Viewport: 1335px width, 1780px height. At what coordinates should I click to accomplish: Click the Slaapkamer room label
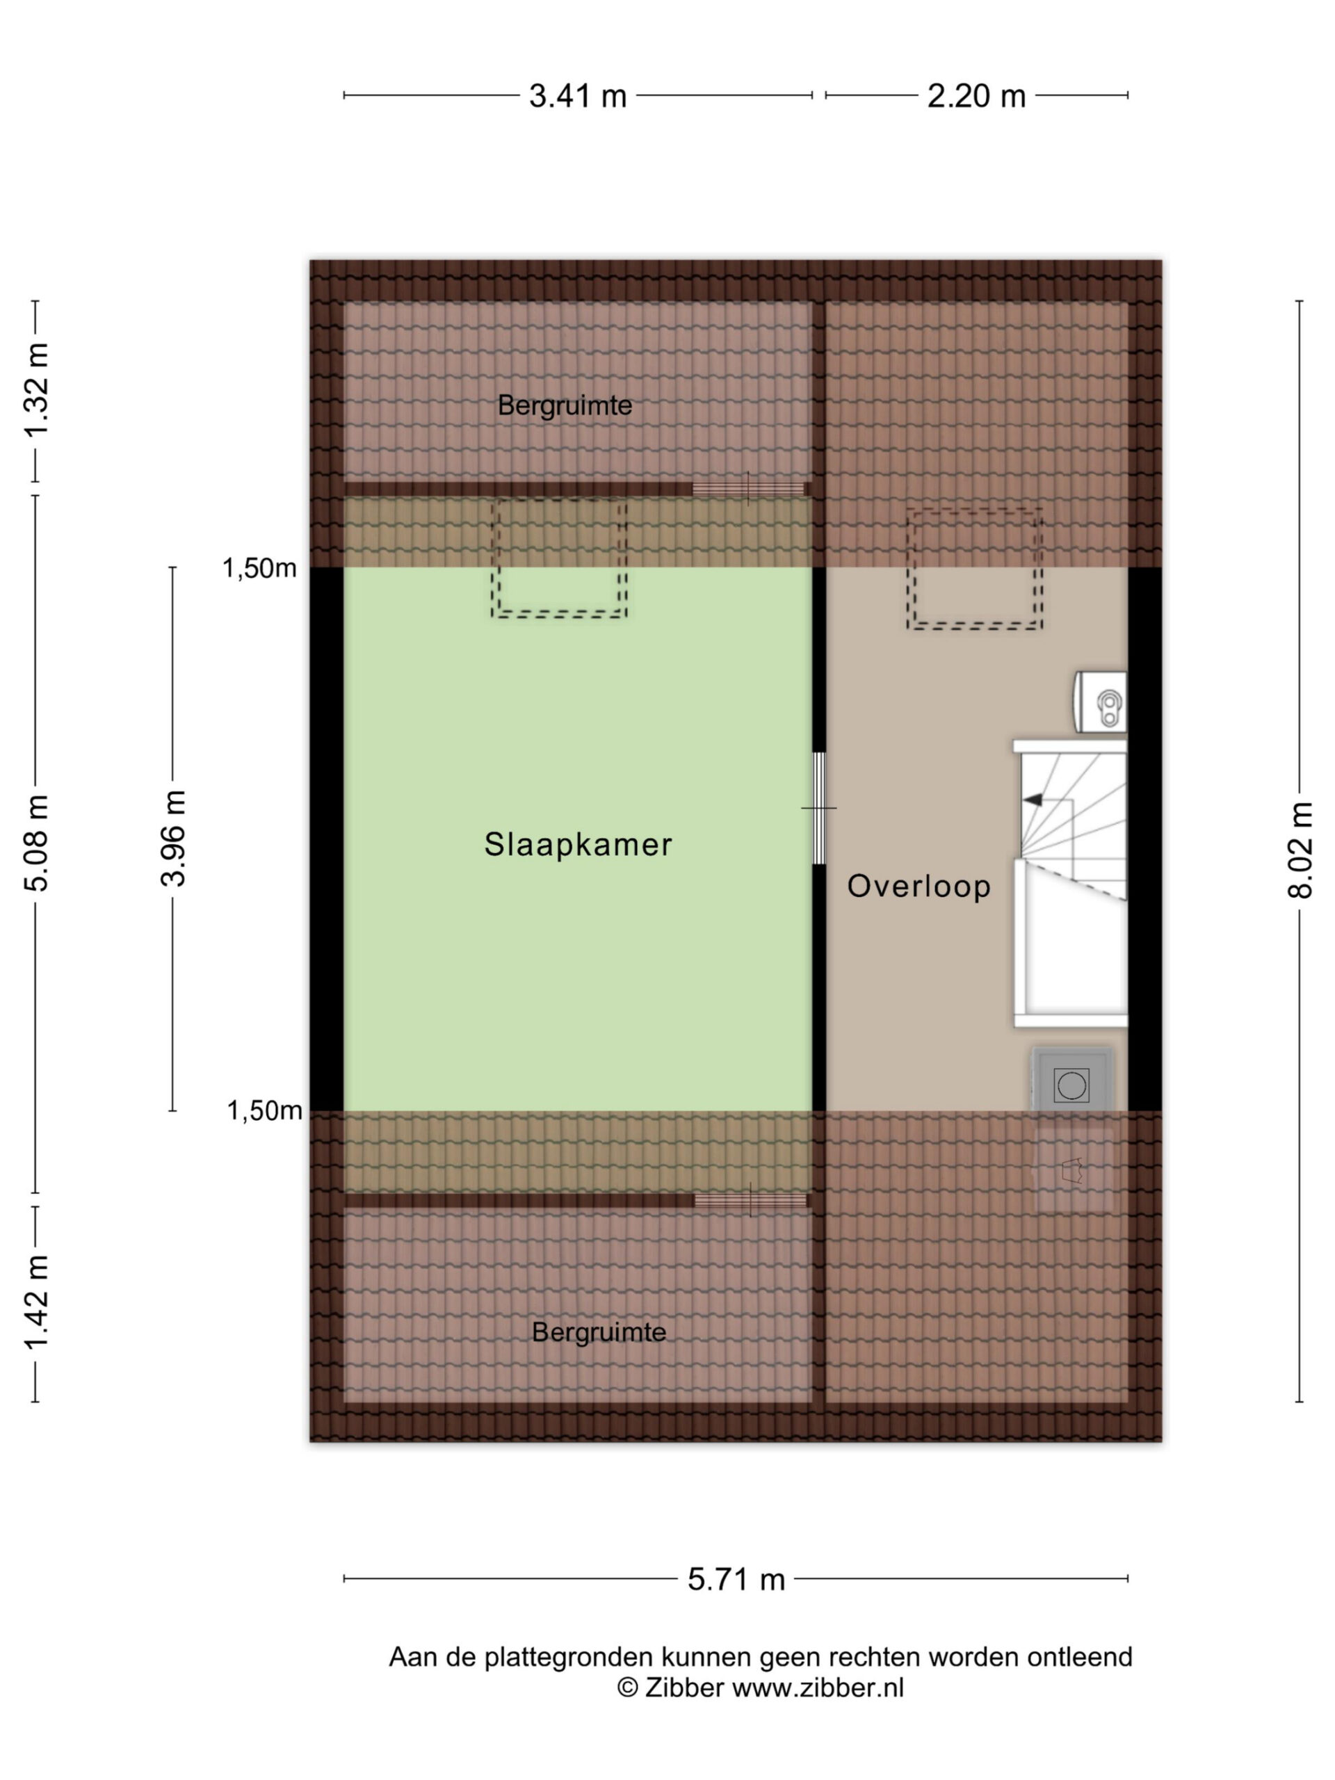[577, 844]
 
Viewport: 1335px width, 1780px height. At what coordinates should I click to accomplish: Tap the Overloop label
[919, 886]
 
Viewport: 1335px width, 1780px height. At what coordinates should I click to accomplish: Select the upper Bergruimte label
[564, 405]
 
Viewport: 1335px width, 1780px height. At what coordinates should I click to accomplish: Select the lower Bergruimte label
[599, 1332]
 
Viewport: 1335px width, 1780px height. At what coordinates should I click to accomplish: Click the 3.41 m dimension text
[577, 97]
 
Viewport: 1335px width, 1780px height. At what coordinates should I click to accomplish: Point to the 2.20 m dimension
[976, 97]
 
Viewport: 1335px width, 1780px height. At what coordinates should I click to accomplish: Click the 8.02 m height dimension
[1300, 850]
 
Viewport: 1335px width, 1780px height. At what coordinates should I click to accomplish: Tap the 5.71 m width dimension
[736, 1580]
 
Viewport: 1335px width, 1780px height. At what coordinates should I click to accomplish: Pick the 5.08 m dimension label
[36, 843]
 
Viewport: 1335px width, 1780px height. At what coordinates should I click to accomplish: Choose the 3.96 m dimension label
[173, 839]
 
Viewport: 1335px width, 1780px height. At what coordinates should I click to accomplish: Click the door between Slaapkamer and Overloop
[819, 808]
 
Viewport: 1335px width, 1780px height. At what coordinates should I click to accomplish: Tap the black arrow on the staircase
[1033, 800]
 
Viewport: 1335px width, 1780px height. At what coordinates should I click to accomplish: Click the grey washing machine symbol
[1072, 1079]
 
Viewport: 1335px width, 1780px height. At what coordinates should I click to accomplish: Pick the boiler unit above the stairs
[1100, 702]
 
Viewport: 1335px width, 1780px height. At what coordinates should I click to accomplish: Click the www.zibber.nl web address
[818, 1688]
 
